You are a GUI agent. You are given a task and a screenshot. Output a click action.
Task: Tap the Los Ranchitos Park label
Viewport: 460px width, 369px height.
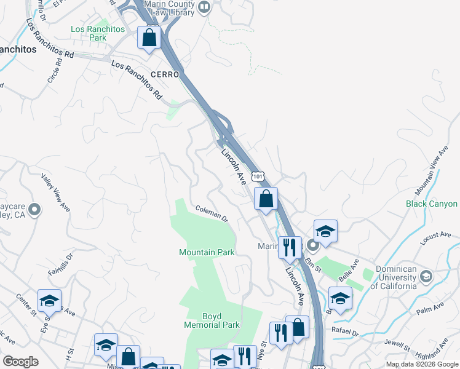pyautogui.click(x=89, y=33)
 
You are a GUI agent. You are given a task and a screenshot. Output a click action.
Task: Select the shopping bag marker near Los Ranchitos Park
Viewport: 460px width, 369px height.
pyautogui.click(x=149, y=38)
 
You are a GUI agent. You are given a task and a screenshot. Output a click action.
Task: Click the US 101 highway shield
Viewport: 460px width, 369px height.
pyautogui.click(x=257, y=177)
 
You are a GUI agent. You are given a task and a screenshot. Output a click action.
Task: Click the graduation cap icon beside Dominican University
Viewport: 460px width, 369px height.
pyautogui.click(x=426, y=277)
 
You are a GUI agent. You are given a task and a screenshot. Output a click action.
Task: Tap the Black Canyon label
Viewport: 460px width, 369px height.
pyautogui.click(x=432, y=204)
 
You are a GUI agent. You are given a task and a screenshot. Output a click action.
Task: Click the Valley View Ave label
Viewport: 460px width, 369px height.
pyautogui.click(x=55, y=193)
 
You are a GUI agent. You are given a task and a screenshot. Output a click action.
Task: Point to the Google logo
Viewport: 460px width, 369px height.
pyautogui.click(x=20, y=362)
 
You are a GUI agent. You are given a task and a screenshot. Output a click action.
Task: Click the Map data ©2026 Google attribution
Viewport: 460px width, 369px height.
pyautogui.click(x=422, y=364)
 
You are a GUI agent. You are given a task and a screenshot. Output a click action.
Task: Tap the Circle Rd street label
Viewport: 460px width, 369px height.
pyautogui.click(x=55, y=71)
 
